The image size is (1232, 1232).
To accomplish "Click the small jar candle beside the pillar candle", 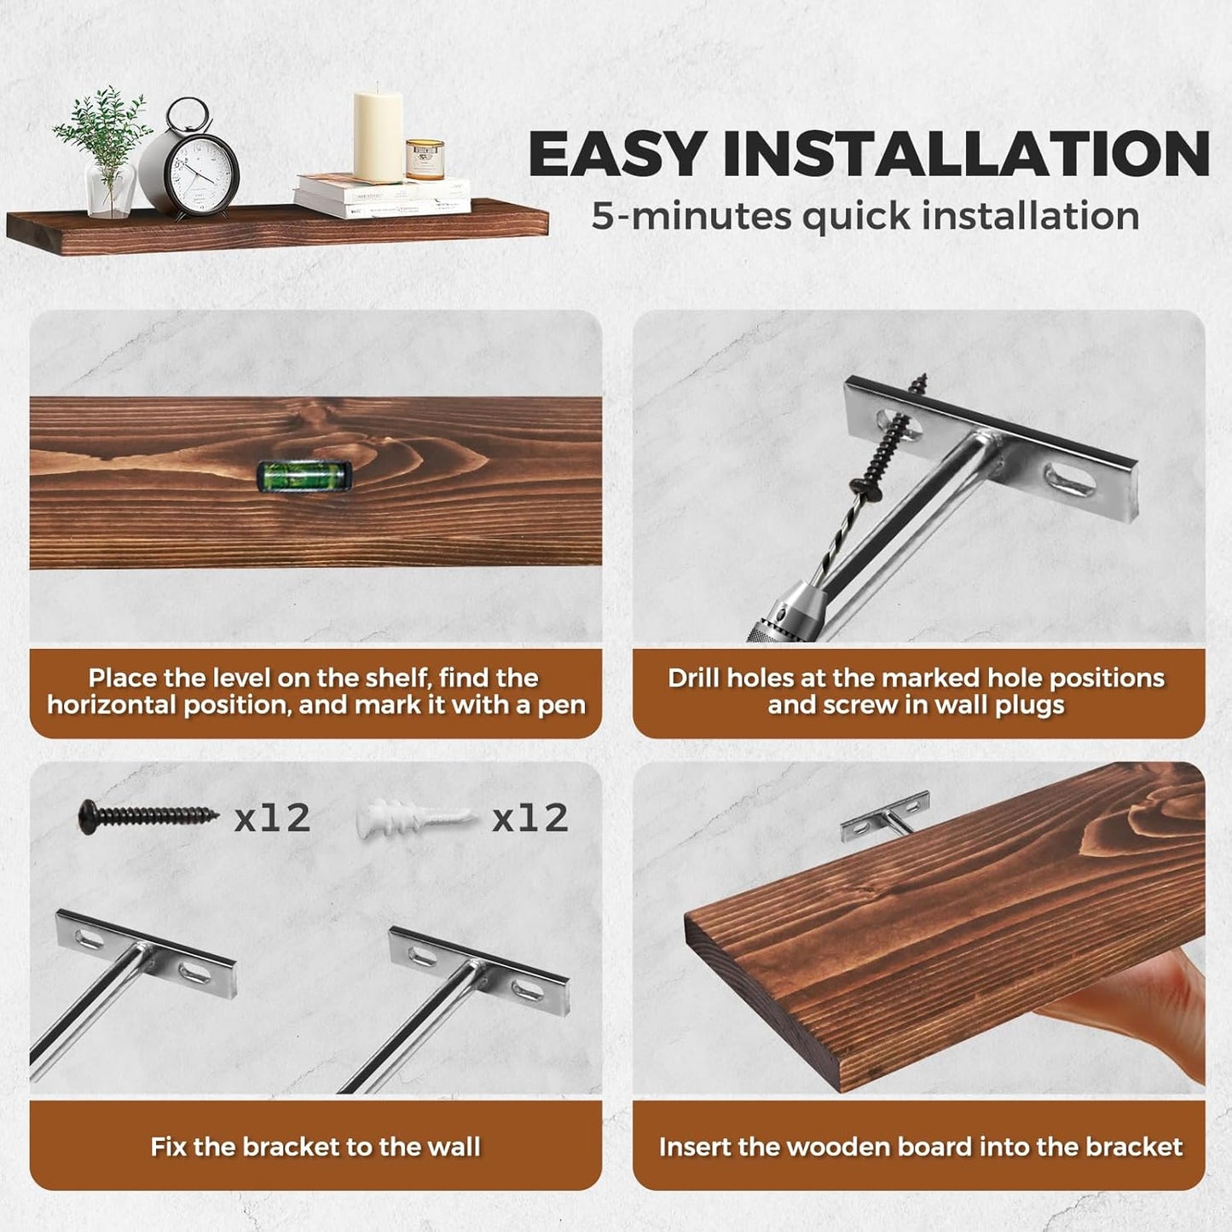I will tap(425, 159).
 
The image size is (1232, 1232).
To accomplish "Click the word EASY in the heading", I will tap(616, 155).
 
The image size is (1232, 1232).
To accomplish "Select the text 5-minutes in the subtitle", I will tap(691, 216).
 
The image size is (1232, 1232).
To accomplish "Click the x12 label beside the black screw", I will tap(272, 818).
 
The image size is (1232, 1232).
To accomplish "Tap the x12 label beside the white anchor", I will tap(529, 818).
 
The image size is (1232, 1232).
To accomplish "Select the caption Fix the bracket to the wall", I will tap(315, 1147).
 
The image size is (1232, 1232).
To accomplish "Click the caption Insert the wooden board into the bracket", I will tap(920, 1147).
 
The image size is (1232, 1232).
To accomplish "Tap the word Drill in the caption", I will tap(694, 678).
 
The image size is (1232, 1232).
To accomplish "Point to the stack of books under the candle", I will tap(382, 196).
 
